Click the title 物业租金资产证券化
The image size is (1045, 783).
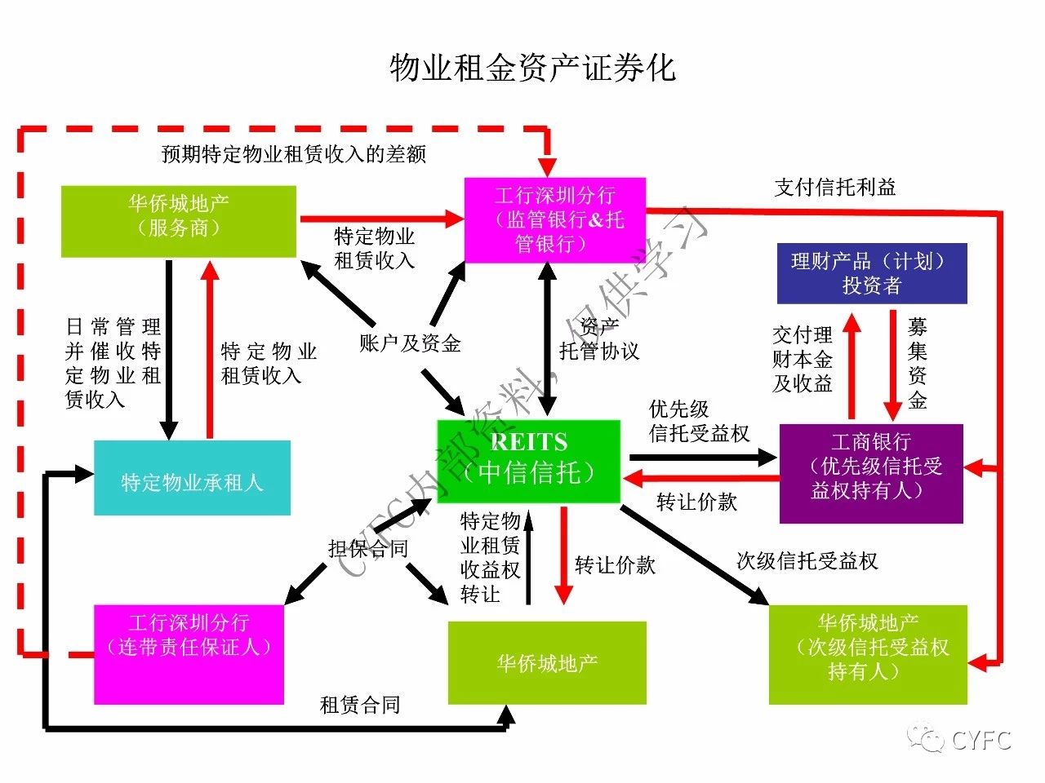[x=532, y=68]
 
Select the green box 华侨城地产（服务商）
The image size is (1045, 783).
[x=179, y=221]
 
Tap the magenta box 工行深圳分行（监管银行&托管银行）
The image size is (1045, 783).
[x=555, y=219]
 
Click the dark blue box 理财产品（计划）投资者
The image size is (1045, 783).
[x=872, y=273]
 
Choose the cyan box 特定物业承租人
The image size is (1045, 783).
[x=192, y=479]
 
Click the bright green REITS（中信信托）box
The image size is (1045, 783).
[x=528, y=462]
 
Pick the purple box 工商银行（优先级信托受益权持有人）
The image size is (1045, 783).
[x=871, y=474]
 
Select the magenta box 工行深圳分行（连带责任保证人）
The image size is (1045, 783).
[x=189, y=654]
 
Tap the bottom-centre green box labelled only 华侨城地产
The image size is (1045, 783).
[x=547, y=663]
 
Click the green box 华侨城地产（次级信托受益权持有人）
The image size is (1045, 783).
[x=868, y=654]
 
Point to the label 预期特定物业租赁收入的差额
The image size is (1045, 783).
[x=294, y=154]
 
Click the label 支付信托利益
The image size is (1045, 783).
[x=835, y=188]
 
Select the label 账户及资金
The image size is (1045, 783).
[x=410, y=343]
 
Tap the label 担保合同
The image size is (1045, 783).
[x=368, y=549]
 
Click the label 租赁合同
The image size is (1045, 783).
[x=360, y=706]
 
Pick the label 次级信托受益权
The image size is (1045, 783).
[x=807, y=561]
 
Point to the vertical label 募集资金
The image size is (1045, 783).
[x=918, y=364]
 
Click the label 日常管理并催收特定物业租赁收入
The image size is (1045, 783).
[x=113, y=363]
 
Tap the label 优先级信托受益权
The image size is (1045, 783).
[x=699, y=422]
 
